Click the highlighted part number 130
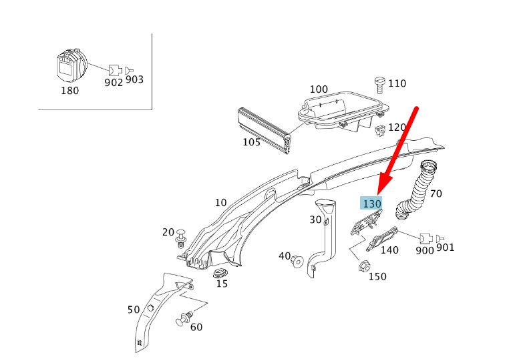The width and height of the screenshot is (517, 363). (x=371, y=204)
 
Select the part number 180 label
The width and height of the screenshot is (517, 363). (x=69, y=91)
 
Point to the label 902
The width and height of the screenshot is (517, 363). (x=114, y=83)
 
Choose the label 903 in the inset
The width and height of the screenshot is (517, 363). (x=134, y=80)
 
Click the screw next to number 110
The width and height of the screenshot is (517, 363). (x=379, y=84)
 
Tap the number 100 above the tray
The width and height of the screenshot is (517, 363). (x=319, y=89)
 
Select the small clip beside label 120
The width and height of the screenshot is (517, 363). (x=379, y=129)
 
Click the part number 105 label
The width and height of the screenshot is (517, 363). (x=251, y=142)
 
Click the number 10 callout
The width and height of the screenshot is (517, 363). (x=220, y=203)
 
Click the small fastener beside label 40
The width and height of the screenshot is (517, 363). (x=297, y=260)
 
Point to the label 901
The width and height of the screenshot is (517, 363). (x=445, y=248)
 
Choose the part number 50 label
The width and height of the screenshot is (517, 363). (x=134, y=310)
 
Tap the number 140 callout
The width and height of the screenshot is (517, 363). (x=389, y=250)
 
